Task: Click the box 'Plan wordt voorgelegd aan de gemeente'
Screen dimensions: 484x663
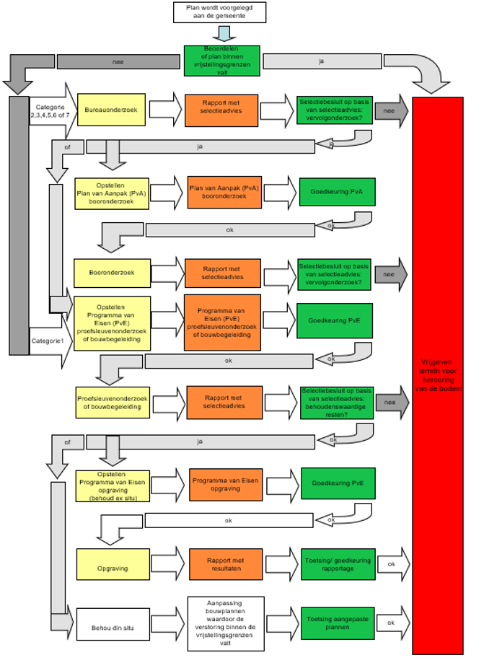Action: pyautogui.click(x=219, y=12)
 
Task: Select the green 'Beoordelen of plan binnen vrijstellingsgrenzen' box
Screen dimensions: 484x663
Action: pyautogui.click(x=222, y=61)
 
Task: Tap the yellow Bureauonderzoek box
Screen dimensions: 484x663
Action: pyautogui.click(x=111, y=110)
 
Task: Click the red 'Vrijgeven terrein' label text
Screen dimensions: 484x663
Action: pyautogui.click(x=439, y=375)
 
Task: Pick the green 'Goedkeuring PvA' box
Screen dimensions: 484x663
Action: pyautogui.click(x=337, y=192)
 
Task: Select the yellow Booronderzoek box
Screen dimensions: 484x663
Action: pyautogui.click(x=112, y=273)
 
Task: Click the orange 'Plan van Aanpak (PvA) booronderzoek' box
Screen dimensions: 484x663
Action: pyautogui.click(x=224, y=193)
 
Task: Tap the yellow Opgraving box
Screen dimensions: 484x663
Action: pyautogui.click(x=113, y=564)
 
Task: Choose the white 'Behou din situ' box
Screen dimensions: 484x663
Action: pyautogui.click(x=113, y=624)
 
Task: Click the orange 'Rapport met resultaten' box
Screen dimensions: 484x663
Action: pyautogui.click(x=226, y=564)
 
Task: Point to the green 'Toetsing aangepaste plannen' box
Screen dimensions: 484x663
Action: pyautogui.click(x=338, y=623)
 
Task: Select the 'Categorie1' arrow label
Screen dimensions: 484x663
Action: pyautogui.click(x=48, y=341)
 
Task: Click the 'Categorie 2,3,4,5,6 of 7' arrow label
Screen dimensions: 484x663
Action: pyautogui.click(x=50, y=111)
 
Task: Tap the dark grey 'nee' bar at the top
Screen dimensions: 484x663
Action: pyautogui.click(x=118, y=62)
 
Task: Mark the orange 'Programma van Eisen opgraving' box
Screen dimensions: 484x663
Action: pyautogui.click(x=226, y=485)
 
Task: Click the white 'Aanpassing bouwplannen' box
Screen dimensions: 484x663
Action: pyautogui.click(x=226, y=623)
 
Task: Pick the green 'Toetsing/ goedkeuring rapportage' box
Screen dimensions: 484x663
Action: pyautogui.click(x=338, y=564)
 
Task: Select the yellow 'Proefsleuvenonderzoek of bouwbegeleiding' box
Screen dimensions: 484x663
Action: pyautogui.click(x=113, y=403)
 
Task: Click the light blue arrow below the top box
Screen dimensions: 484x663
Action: pyautogui.click(x=224, y=33)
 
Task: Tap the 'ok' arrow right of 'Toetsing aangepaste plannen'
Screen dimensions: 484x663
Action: pyautogui.click(x=393, y=623)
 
